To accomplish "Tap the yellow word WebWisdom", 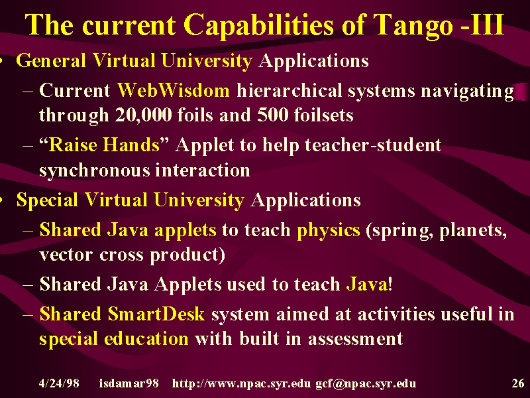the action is pos(174,90).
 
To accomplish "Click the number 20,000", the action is pos(143,115).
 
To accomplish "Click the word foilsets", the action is pos(324,115).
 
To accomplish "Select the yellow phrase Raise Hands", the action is pos(104,145).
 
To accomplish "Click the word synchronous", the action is pos(94,170).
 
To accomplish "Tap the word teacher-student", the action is pos(373,145).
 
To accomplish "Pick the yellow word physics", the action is pos(329,230).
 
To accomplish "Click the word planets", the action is pos(473,230).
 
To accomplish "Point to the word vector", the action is pos(66,255).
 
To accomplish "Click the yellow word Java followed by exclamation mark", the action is pos(367,284).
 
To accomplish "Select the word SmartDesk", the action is pos(156,313).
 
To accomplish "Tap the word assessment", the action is pos(356,339).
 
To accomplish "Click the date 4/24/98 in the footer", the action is pos(59,383).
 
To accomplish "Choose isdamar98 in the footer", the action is pos(129,383).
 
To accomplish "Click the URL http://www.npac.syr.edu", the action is pos(241,383).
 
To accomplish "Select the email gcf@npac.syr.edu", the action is pos(366,383).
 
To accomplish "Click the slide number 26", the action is pos(518,383).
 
